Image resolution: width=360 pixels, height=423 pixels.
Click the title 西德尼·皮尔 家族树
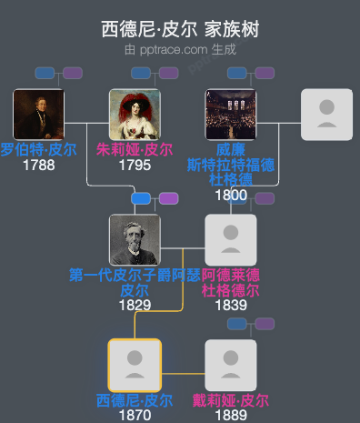coord(180,29)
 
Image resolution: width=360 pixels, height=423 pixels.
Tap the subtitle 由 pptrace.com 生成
coord(180,48)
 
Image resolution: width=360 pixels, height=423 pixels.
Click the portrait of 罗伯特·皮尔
coord(38,115)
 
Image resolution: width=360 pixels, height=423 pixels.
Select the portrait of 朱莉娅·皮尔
coord(135,115)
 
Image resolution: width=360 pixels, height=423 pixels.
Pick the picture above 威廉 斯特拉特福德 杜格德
coord(231,115)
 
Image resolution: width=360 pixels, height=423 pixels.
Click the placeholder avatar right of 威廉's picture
coord(326,115)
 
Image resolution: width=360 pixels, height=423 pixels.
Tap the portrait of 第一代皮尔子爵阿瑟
coord(135,240)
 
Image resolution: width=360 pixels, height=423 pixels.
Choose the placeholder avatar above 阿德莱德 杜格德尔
coord(231,240)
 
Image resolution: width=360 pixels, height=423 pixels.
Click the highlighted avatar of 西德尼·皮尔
coord(135,366)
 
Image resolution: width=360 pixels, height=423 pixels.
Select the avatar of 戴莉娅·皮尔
coord(231,366)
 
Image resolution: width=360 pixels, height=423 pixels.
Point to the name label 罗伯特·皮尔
coord(38,150)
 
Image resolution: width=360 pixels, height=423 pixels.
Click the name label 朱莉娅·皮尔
coord(135,150)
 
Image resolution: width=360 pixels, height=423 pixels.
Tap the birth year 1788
coord(38,166)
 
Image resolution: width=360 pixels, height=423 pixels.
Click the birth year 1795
coord(135,166)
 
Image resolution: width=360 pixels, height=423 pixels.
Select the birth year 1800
coord(231,195)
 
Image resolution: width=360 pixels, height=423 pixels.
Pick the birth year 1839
coord(231,306)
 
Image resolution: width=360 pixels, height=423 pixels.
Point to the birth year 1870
coord(135,416)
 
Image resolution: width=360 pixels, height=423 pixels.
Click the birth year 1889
coord(231,416)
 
